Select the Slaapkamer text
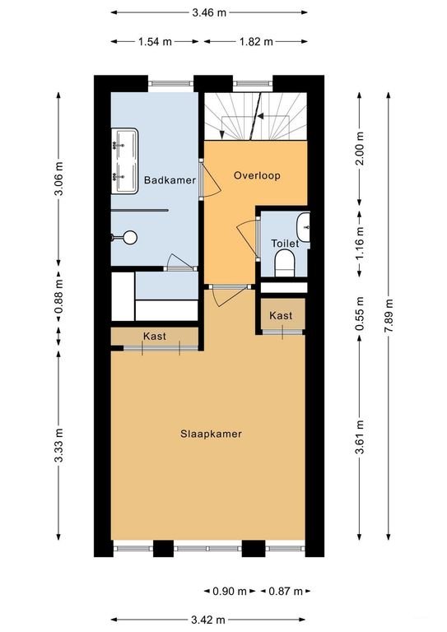[212, 434]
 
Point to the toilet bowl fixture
[284, 263]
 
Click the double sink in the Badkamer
[124, 160]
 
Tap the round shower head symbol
[126, 238]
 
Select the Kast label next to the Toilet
[282, 316]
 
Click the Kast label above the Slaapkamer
[154, 337]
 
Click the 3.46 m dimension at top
[209, 12]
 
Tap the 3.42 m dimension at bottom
[208, 620]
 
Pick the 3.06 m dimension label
[58, 180]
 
